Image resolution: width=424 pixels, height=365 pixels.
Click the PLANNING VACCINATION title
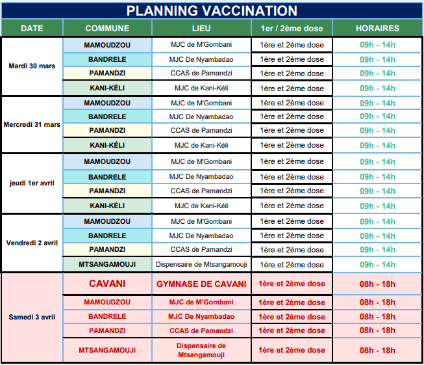click(212, 11)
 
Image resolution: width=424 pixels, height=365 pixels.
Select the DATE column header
click(32, 29)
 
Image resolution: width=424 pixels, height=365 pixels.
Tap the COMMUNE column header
click(107, 29)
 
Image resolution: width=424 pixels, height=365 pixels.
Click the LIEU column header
click(201, 29)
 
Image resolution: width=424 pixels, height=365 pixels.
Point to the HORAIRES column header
click(377, 29)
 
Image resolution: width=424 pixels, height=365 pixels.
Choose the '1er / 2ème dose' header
click(292, 29)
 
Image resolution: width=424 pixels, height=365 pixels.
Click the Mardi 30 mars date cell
click(32, 66)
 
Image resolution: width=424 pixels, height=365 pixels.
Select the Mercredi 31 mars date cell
click(32, 124)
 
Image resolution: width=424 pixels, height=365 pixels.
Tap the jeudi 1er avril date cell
click(32, 183)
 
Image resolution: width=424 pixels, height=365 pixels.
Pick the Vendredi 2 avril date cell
click(32, 243)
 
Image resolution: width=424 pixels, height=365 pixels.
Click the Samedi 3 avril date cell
click(32, 318)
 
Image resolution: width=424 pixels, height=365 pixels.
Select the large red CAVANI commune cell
click(107, 284)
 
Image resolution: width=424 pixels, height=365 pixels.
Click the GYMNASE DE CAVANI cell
click(201, 284)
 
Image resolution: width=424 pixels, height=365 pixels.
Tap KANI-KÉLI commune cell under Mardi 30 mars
click(107, 88)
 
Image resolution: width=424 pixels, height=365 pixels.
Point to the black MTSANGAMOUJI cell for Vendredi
click(107, 265)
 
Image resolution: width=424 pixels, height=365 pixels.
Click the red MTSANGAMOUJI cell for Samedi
click(107, 350)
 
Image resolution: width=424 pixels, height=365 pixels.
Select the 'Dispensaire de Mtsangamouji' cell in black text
click(201, 265)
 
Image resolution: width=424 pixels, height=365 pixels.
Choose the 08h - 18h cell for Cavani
click(377, 284)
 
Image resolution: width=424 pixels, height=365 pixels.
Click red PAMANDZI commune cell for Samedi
click(107, 331)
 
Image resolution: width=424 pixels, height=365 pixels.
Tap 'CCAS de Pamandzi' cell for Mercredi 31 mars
click(201, 131)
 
